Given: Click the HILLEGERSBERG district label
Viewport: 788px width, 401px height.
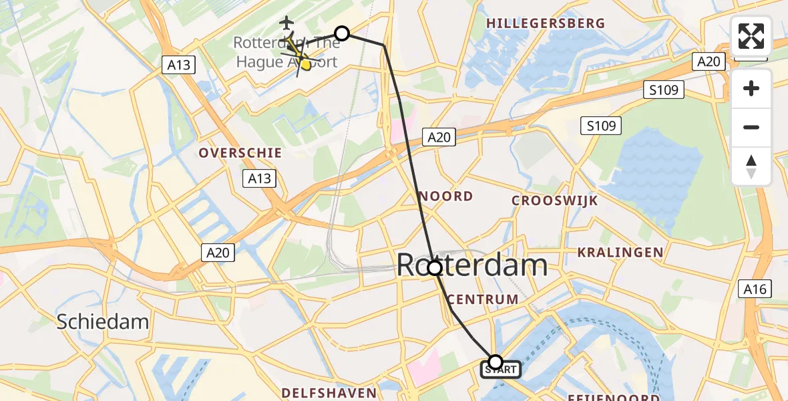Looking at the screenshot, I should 546,23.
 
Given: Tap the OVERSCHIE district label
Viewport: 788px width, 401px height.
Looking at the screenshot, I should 240,153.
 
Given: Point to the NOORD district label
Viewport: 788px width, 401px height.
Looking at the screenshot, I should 447,196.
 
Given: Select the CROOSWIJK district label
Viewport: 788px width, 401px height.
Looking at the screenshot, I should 555,200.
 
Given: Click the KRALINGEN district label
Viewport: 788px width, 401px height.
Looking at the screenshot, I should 620,253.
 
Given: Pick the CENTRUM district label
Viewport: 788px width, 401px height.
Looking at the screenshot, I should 484,299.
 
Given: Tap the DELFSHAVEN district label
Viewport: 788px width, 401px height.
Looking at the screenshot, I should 329,392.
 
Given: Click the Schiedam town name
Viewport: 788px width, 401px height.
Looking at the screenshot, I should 102,321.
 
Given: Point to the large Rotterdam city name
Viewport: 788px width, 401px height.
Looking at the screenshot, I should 472,265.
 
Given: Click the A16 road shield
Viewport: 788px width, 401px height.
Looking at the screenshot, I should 755,289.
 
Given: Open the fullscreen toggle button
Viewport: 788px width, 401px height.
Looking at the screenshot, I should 751,36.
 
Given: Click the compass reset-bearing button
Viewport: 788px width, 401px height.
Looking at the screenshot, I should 751,166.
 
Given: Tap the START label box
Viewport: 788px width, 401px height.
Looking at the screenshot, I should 501,368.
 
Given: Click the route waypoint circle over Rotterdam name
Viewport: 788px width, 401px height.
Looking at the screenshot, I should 435,268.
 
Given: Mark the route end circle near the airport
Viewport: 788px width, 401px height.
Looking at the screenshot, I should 342,33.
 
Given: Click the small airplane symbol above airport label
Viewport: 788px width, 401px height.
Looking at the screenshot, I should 287,23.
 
